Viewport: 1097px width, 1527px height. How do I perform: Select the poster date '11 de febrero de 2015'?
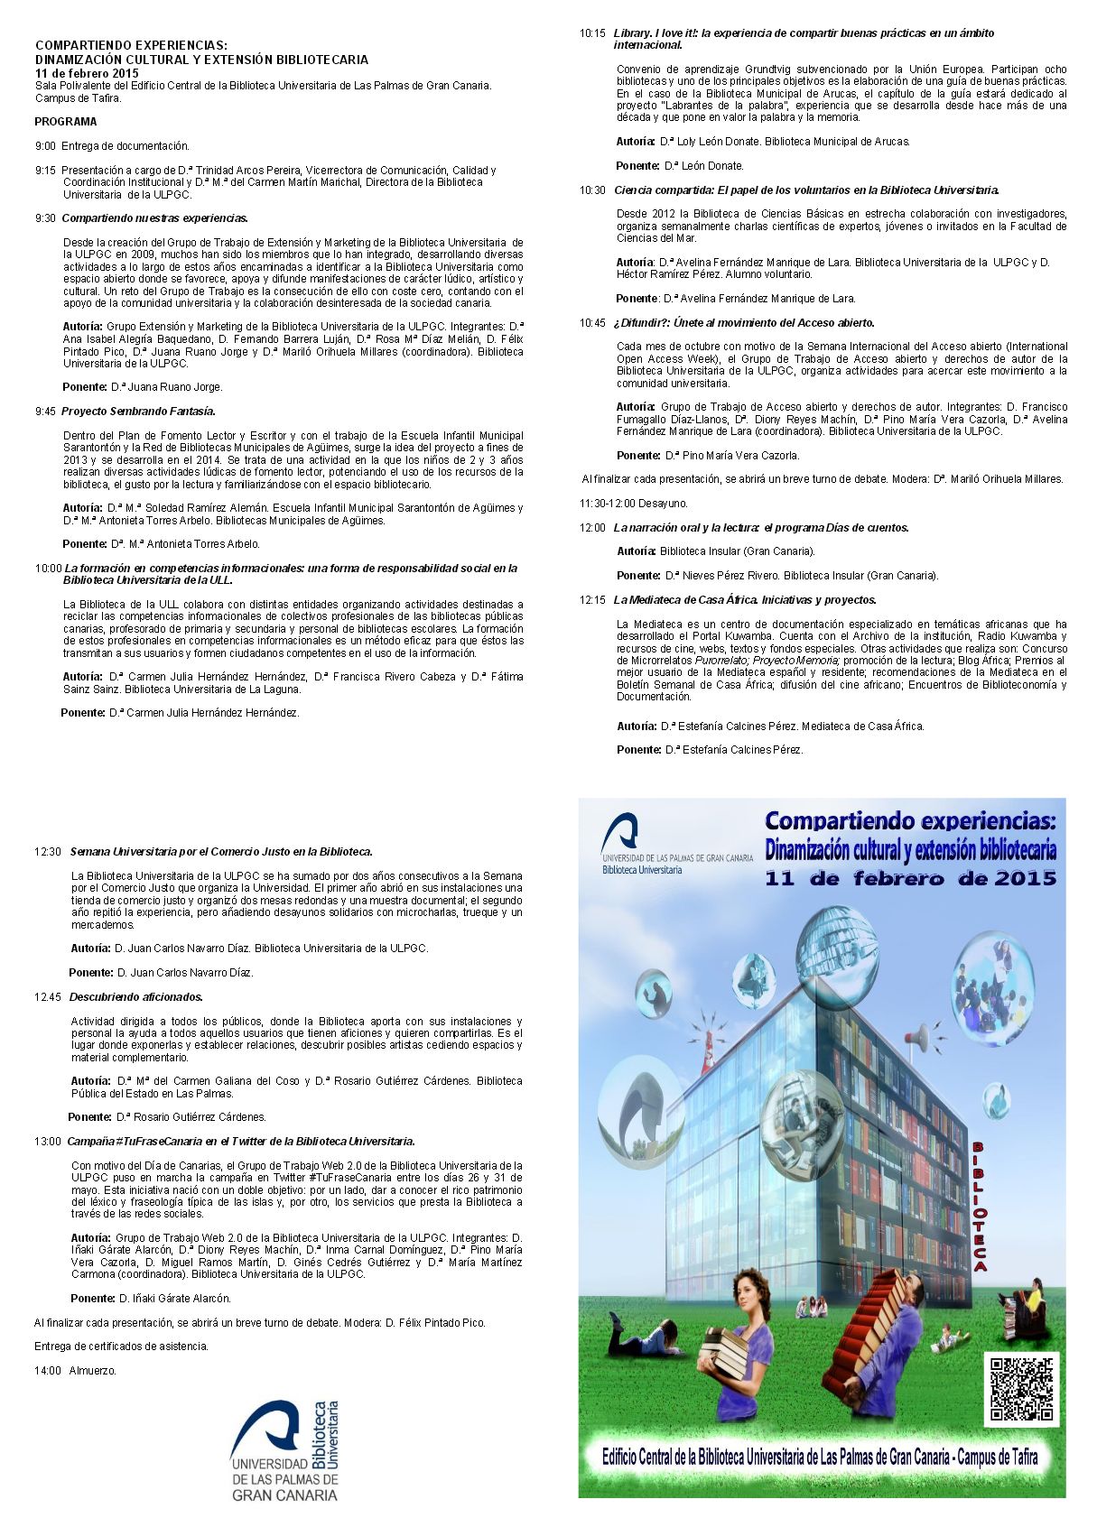click(x=910, y=878)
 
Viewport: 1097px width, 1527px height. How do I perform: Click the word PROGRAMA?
click(x=66, y=122)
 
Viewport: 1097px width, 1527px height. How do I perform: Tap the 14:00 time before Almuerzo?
click(x=48, y=1370)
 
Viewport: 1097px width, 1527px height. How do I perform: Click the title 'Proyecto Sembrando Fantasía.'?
click(x=138, y=412)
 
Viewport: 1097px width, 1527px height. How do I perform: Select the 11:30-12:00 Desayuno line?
click(x=633, y=504)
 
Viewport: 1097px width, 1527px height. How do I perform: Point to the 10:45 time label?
click(x=592, y=323)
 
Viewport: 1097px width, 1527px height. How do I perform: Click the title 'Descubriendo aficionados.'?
click(x=136, y=997)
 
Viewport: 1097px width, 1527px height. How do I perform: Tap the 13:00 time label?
click(x=48, y=1142)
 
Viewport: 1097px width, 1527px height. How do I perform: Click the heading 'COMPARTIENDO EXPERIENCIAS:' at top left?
click(x=131, y=45)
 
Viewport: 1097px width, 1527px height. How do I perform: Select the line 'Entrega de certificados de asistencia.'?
click(x=121, y=1347)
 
